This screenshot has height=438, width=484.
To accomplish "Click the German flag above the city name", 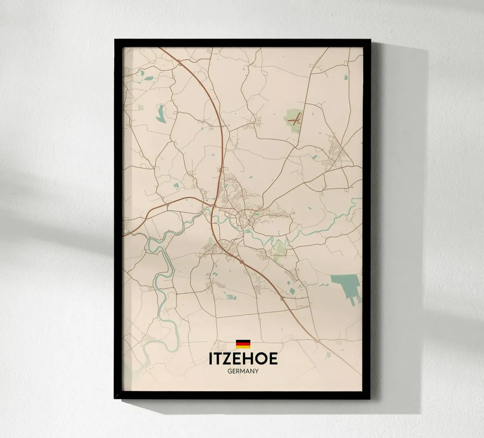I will tap(243, 344).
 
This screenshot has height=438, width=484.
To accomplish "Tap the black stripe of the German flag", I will tap(243, 341).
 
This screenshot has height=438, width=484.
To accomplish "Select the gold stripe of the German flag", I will tap(243, 346).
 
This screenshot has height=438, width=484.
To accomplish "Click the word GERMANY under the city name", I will tap(243, 371).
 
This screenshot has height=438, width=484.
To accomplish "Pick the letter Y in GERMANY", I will tap(256, 371).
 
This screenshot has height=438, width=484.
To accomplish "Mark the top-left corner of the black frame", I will tap(115, 39).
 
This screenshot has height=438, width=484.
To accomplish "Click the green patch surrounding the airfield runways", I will tap(292, 113).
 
